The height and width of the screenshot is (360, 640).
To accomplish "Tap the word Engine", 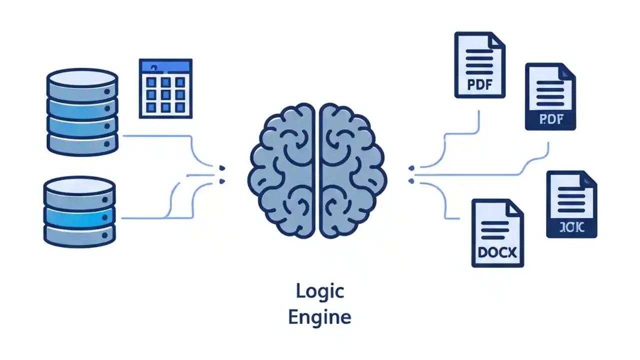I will (x=319, y=317).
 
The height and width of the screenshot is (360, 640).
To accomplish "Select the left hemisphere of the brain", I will (x=282, y=170).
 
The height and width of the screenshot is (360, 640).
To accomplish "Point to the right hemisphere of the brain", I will (x=352, y=170).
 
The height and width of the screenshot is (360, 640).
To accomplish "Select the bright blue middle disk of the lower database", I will (x=80, y=216).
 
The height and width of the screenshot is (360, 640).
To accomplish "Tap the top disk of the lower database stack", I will (x=80, y=186).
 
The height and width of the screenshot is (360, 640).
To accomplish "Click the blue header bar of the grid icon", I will (x=165, y=66).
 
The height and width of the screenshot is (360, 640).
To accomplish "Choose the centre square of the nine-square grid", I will (x=165, y=94).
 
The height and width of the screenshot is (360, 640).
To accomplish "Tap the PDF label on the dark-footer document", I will (x=550, y=119).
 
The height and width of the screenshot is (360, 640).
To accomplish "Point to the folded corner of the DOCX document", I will (x=515, y=206).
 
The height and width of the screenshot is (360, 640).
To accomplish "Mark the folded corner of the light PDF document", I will (x=497, y=40).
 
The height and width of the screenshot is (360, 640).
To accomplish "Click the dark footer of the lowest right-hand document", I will (x=571, y=227).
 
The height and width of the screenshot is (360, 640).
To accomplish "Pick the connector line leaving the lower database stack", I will (x=145, y=218).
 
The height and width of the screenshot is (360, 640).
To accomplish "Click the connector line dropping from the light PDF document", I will (x=479, y=122).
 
